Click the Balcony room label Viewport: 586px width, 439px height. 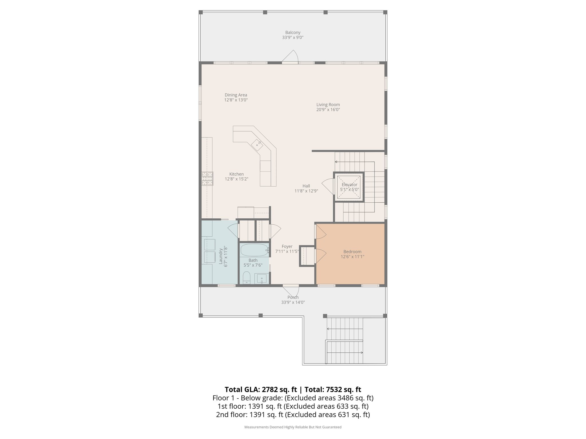[293, 33]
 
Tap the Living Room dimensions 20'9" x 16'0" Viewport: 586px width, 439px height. [328, 109]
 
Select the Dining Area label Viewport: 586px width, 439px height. [236, 95]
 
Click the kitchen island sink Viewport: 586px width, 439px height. [257, 144]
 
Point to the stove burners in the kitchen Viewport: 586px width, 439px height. [207, 179]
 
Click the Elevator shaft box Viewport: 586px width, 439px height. [349, 187]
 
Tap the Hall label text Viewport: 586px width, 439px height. [306, 186]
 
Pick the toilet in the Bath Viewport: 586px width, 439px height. [246, 278]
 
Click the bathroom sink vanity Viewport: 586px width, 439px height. [262, 279]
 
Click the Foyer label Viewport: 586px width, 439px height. [287, 246]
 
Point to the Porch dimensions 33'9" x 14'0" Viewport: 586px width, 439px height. [293, 302]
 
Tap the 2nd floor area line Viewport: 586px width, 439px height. [293, 414]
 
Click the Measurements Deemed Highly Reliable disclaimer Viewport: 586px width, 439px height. [293, 427]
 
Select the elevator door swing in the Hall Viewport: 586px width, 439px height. [328, 186]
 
